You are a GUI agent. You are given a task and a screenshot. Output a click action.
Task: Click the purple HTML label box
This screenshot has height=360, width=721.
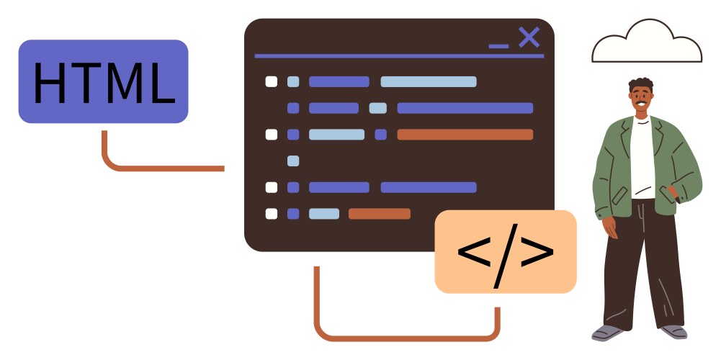104,81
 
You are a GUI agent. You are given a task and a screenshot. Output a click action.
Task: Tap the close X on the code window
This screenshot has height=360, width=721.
529,37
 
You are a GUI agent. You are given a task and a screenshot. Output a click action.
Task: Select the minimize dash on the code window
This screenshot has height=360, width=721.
499,46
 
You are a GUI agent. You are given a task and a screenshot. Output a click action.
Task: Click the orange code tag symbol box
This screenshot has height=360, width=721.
506,251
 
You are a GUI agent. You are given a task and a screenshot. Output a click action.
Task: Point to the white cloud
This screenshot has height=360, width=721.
647,42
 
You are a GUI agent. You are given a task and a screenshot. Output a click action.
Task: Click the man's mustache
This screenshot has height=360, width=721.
641,102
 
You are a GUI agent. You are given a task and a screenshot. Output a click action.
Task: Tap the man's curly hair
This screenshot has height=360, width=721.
640,84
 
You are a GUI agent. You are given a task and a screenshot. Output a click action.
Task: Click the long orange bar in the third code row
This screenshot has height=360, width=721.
465,134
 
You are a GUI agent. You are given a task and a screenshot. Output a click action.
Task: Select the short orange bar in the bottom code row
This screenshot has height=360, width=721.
380,214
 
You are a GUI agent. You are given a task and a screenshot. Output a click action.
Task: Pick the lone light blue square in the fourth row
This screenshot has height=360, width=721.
293,161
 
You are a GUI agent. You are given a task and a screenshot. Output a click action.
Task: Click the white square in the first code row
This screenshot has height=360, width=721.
272,82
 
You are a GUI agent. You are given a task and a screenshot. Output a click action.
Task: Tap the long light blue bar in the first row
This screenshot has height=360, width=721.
429,82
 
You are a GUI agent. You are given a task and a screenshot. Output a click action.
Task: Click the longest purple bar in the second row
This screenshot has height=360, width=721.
465,108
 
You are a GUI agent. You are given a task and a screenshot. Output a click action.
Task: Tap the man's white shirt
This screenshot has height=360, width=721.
642,156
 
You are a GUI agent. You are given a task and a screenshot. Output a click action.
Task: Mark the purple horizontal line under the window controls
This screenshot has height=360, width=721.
399,56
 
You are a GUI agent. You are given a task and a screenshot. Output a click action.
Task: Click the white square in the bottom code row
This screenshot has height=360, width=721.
272,214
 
